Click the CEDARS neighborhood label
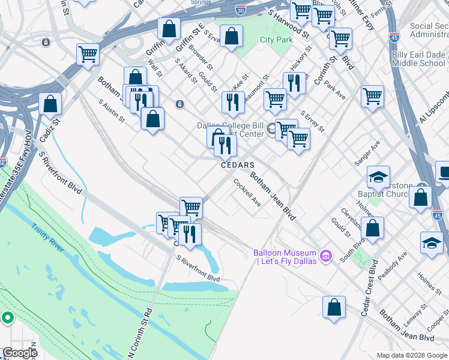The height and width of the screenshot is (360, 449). click(x=237, y=165)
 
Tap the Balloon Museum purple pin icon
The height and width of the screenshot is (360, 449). click(x=327, y=257)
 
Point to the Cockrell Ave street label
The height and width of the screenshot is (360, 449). click(x=247, y=193)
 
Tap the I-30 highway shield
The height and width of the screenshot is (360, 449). click(x=241, y=10)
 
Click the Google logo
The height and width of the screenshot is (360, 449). click(x=20, y=353)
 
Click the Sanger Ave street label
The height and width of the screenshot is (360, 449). click(x=367, y=154)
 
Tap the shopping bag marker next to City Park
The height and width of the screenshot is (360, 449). click(x=231, y=37)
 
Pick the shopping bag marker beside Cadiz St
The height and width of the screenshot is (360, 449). click(x=50, y=103)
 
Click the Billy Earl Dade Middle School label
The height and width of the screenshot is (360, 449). click(x=418, y=59)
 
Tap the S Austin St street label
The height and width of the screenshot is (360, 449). click(x=111, y=110)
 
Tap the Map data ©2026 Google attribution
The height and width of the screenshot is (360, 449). click(x=412, y=355)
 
